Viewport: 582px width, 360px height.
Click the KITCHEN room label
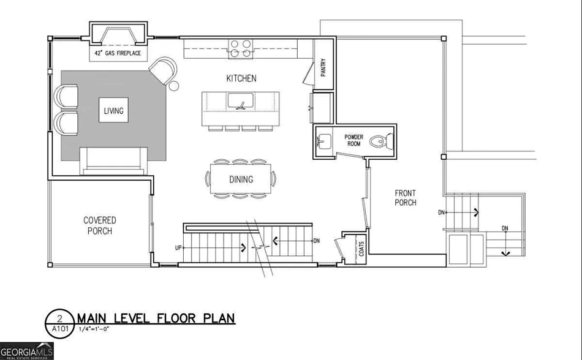[x=241, y=78]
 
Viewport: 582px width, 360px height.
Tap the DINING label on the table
[x=241, y=179]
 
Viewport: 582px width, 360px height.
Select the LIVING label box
[x=113, y=110]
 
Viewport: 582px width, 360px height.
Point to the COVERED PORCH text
[x=100, y=225]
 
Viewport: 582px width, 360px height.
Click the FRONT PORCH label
[x=406, y=198]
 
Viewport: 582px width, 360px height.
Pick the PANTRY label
[x=323, y=67]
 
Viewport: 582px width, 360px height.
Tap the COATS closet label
[x=361, y=249]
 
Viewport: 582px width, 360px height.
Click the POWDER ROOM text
[x=353, y=140]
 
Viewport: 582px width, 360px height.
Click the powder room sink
[x=323, y=141]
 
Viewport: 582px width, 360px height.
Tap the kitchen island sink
[x=241, y=101]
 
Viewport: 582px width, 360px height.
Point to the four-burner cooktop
[x=241, y=48]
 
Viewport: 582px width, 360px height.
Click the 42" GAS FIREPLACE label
[x=118, y=53]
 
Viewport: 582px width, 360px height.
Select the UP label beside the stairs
[x=178, y=248]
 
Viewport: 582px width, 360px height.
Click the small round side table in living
[x=173, y=86]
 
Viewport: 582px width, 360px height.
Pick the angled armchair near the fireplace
[x=164, y=70]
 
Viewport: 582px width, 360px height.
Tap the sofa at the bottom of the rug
[x=113, y=161]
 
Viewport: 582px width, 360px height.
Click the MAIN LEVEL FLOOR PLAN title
[x=156, y=318]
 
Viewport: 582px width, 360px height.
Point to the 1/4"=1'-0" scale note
[x=94, y=329]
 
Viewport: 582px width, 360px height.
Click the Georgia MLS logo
[x=27, y=351]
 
